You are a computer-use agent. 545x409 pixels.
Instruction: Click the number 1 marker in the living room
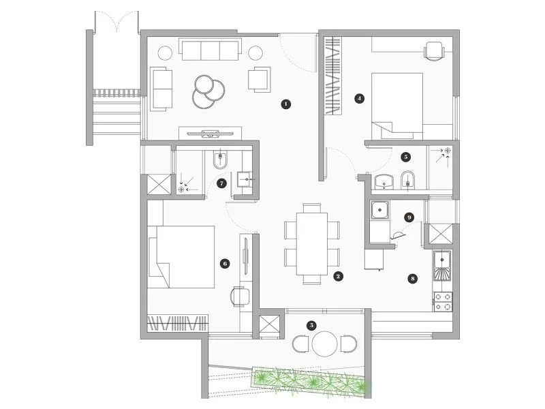point(286,104)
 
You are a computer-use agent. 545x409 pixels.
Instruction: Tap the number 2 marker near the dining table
point(338,277)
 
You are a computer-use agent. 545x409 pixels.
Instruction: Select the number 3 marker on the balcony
point(311,326)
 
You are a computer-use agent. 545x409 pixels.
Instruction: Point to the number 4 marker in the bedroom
point(360,98)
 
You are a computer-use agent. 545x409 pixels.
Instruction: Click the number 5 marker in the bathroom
point(406,157)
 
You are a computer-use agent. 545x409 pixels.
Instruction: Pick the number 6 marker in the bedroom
point(225,262)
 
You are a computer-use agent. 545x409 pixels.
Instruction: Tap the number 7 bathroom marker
point(221,183)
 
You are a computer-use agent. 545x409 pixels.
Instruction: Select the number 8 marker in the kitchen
point(411,278)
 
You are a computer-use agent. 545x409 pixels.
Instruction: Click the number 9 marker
point(409,217)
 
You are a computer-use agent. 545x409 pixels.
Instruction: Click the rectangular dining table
point(311,243)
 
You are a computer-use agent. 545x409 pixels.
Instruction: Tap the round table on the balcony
point(326,343)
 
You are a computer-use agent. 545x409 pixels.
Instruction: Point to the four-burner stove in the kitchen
point(443,301)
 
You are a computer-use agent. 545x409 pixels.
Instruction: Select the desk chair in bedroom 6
point(240,295)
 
